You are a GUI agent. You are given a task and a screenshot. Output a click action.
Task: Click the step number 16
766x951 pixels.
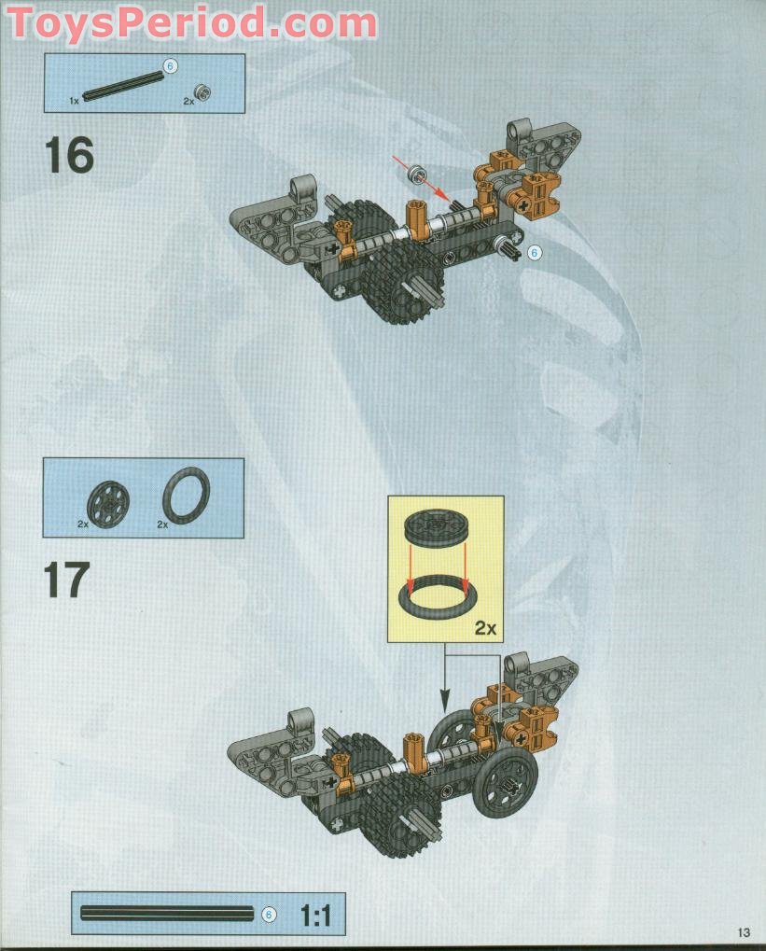pyautogui.click(x=69, y=156)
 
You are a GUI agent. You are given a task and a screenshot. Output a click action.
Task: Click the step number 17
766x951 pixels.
pyautogui.click(x=67, y=580)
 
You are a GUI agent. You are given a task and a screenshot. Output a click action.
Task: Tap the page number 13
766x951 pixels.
pyautogui.click(x=743, y=932)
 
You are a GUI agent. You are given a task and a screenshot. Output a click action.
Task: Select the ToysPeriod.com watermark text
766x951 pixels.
pyautogui.click(x=192, y=22)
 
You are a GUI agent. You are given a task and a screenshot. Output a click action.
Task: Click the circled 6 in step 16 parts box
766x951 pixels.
pyautogui.click(x=170, y=65)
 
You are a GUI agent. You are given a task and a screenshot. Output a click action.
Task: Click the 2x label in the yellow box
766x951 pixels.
pyautogui.click(x=484, y=628)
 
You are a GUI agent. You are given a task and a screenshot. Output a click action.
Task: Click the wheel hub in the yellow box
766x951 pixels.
pyautogui.click(x=438, y=528)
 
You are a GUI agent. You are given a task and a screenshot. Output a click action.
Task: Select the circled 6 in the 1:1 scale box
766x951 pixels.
pyautogui.click(x=269, y=915)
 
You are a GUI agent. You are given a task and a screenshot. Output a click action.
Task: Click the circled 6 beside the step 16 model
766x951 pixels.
pyautogui.click(x=534, y=252)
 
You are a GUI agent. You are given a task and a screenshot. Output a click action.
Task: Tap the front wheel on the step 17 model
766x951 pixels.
pyautogui.click(x=505, y=780)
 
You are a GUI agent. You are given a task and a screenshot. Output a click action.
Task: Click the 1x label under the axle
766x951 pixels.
pyautogui.click(x=74, y=99)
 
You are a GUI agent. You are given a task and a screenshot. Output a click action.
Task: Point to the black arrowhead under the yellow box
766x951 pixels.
pyautogui.click(x=444, y=702)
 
